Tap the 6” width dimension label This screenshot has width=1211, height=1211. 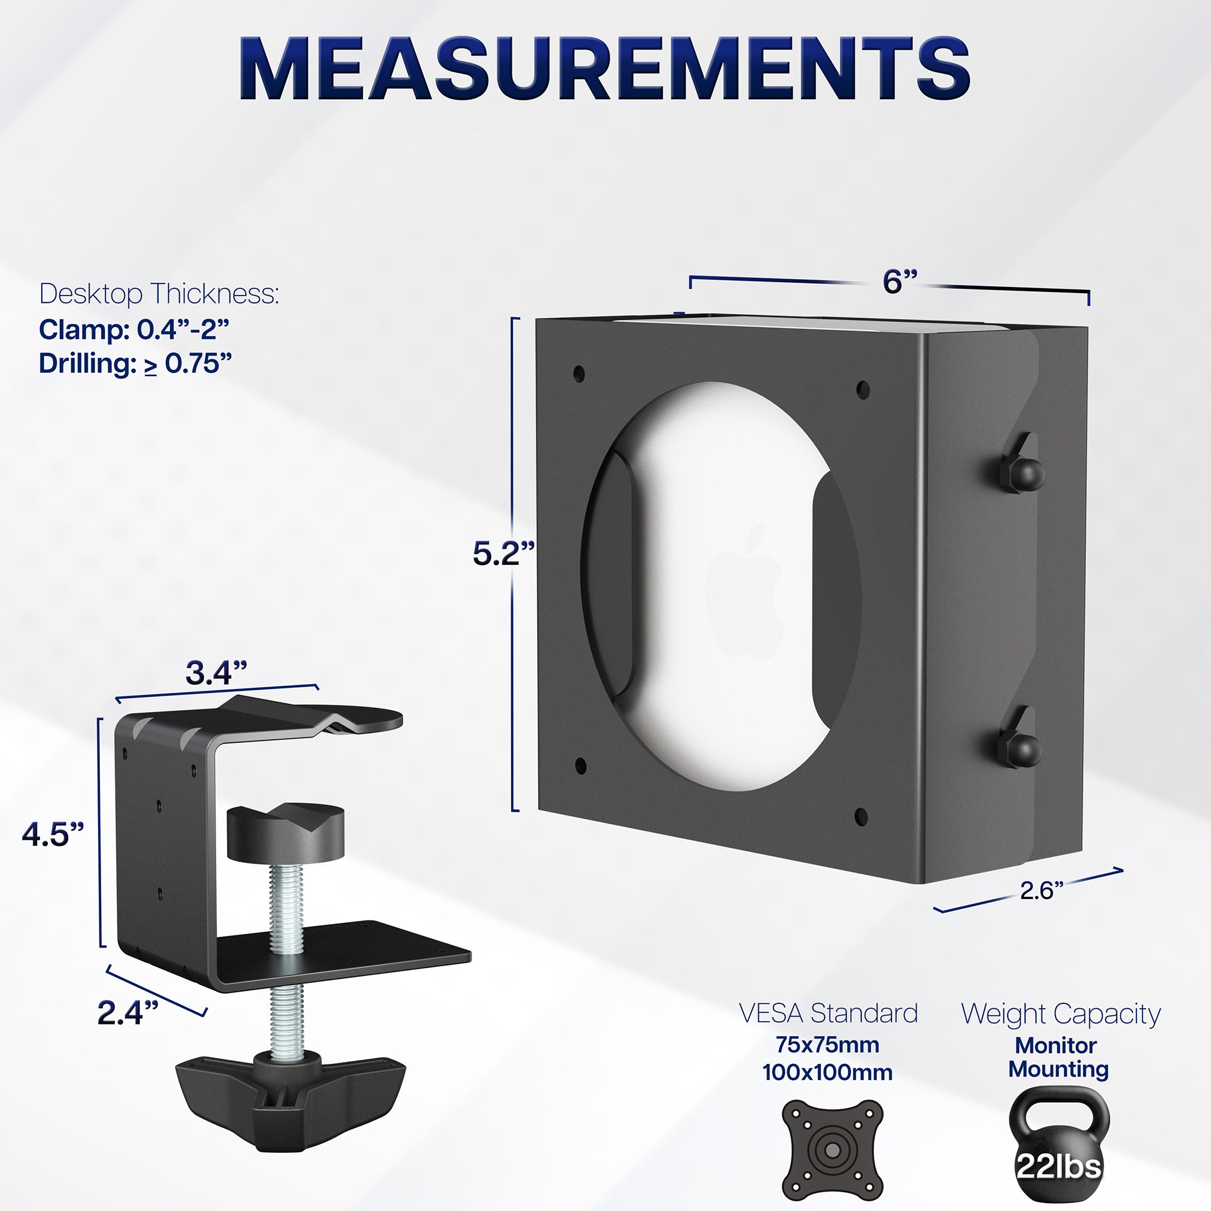pyautogui.click(x=900, y=282)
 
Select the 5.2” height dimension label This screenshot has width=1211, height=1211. pyautogui.click(x=503, y=553)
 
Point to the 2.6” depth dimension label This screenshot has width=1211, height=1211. pyautogui.click(x=1041, y=890)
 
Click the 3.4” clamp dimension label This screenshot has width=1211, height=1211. pyautogui.click(x=216, y=673)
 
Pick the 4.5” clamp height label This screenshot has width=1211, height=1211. pyautogui.click(x=53, y=834)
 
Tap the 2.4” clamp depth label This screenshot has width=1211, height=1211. pyautogui.click(x=128, y=1012)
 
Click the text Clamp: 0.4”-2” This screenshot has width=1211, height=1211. pyautogui.click(x=134, y=330)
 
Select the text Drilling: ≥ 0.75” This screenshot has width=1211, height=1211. pyautogui.click(x=136, y=363)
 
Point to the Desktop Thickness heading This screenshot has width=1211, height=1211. pyautogui.click(x=159, y=293)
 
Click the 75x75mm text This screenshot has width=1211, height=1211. pyautogui.click(x=827, y=1045)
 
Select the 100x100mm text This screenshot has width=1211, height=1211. pyautogui.click(x=827, y=1072)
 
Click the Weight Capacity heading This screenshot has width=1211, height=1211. pyautogui.click(x=1061, y=1014)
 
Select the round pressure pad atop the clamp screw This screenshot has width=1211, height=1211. pyautogui.click(x=285, y=832)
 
